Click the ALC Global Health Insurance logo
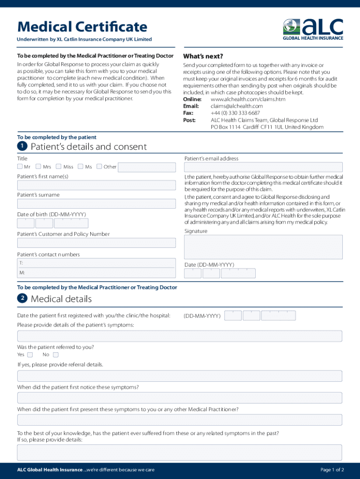pyautogui.click(x=313, y=29)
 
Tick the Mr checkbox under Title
pyautogui.click(x=20, y=167)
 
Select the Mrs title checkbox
pyautogui.click(x=39, y=167)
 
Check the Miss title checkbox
pyautogui.click(x=58, y=167)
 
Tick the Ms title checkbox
pyautogui.click(x=80, y=167)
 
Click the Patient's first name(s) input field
pyautogui.click(x=96, y=185)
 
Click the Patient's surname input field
pyautogui.click(x=96, y=203)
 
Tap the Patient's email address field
pyautogui.click(x=263, y=167)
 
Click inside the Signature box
pyautogui.click(x=263, y=247)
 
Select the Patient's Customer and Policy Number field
pyautogui.click(x=96, y=243)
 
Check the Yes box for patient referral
pyautogui.click(x=30, y=355)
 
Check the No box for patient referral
pyautogui.click(x=56, y=355)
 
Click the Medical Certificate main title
pyautogui.click(x=82, y=27)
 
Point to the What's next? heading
pyautogui.click(x=203, y=56)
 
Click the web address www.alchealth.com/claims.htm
pyautogui.click(x=248, y=99)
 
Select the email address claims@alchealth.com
pyautogui.click(x=237, y=106)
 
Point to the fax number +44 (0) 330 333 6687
pyautogui.click(x=235, y=113)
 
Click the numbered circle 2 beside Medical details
pyautogui.click(x=22, y=298)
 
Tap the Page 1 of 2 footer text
pyautogui.click(x=332, y=470)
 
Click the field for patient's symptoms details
pyautogui.click(x=180, y=336)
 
